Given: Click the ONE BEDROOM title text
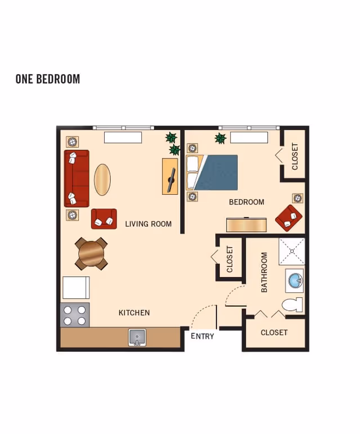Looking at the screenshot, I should coord(48,79).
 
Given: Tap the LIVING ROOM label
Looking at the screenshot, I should coord(148,223).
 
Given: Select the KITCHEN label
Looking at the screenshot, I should coord(134,312).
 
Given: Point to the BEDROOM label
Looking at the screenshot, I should coord(246,202).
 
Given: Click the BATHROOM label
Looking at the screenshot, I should coord(264,272).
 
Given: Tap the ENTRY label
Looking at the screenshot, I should coord(202,336).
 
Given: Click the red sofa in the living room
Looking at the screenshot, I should coord(76,178).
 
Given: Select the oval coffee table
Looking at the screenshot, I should coord(102,180).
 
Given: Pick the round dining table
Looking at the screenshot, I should coord(91,254).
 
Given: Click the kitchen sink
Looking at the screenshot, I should coord(136,337).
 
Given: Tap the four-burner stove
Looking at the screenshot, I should coord(75,315).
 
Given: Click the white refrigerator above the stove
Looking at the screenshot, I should coord(76,288).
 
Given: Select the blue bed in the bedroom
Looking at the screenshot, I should coord(216,172).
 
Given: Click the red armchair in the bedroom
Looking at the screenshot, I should coord(289,218).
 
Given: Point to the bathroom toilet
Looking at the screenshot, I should coord(292,305).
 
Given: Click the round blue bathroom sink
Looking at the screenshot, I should coord(294,280).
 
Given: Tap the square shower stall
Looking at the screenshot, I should coord(292,251).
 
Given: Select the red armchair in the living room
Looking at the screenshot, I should coord(104,218).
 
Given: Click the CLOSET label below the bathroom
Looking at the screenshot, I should coord(274,333).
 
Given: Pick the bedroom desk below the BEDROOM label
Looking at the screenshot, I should coord(247,224).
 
